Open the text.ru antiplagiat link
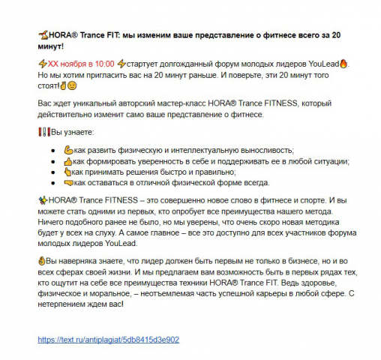109,340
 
